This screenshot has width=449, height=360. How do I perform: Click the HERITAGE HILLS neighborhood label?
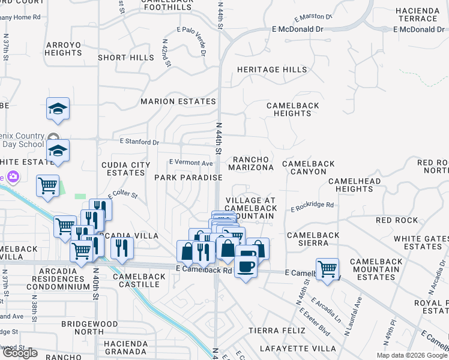pyautogui.click(x=272, y=70)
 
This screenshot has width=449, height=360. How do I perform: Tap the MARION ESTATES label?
pyautogui.click(x=178, y=101)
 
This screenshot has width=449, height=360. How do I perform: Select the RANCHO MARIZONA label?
pyautogui.click(x=253, y=163)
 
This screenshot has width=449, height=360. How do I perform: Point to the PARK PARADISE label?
pyautogui.click(x=188, y=178)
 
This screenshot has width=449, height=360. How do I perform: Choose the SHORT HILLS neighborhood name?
pyautogui.click(x=126, y=58)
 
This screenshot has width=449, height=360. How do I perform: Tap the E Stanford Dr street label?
pyautogui.click(x=139, y=142)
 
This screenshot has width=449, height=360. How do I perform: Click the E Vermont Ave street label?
pyautogui.click(x=191, y=163)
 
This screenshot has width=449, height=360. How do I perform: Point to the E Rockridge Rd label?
pyautogui.click(x=312, y=206)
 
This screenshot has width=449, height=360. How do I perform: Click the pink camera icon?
pyautogui.click(x=13, y=177)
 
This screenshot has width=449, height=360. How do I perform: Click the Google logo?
pyautogui.click(x=19, y=353)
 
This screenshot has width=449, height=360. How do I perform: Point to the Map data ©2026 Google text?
pyautogui.click(x=411, y=355)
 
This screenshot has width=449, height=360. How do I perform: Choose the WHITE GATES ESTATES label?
pyautogui.click(x=421, y=243)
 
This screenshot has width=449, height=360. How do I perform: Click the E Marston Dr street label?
pyautogui.click(x=310, y=16)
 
